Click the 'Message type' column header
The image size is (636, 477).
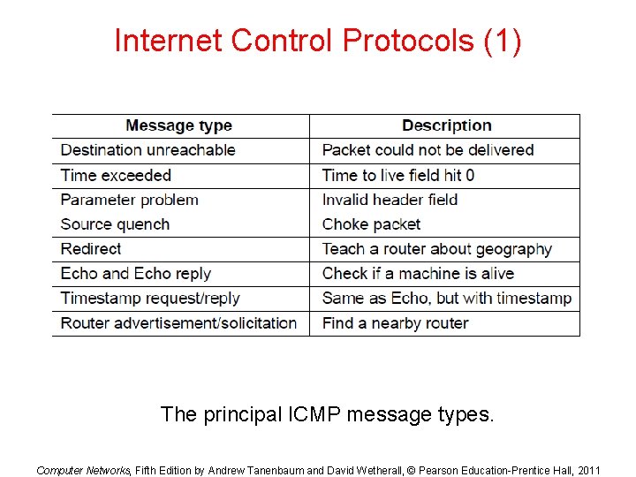click(x=178, y=125)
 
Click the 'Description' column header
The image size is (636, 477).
click(x=446, y=125)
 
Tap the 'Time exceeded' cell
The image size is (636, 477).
click(x=116, y=175)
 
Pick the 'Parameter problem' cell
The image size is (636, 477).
click(x=129, y=200)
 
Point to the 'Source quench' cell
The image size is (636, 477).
click(x=115, y=224)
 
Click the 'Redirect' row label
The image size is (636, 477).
click(x=91, y=249)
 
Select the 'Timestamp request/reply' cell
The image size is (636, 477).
click(x=150, y=299)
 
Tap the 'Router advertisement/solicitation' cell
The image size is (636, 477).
click(x=178, y=323)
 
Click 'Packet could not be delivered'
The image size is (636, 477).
click(x=428, y=150)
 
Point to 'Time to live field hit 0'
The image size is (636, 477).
click(x=397, y=175)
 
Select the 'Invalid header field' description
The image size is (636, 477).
click(x=390, y=200)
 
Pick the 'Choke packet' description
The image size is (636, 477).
click(x=371, y=224)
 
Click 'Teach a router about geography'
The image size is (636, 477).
click(x=436, y=249)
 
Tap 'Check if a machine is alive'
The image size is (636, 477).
click(x=418, y=274)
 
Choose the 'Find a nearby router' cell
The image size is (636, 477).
click(x=395, y=323)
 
